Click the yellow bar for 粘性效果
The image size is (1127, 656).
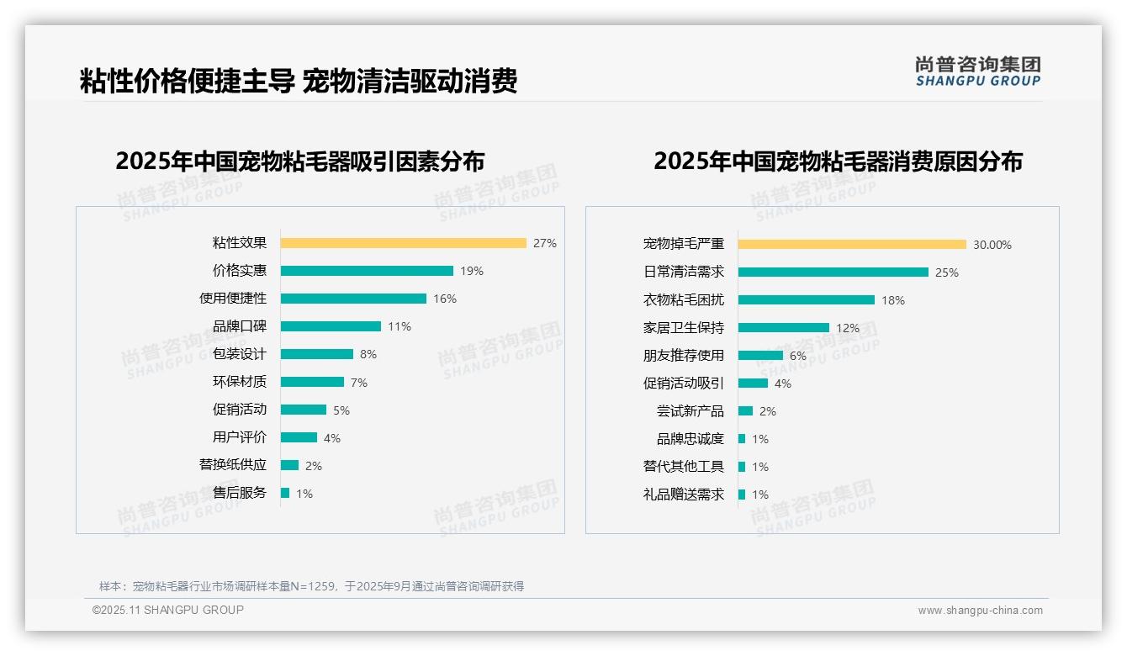click(x=403, y=243)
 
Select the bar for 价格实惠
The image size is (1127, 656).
click(x=367, y=271)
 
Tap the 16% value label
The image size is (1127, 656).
click(x=445, y=299)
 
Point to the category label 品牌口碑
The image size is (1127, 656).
click(x=240, y=326)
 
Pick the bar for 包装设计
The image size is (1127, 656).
click(x=317, y=354)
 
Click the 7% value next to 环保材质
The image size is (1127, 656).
click(x=359, y=383)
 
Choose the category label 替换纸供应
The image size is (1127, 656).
click(x=233, y=465)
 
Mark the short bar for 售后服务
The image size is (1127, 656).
click(x=285, y=493)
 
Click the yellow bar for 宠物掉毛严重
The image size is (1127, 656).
click(x=852, y=245)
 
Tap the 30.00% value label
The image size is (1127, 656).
click(x=992, y=245)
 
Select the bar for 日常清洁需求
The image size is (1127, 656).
click(x=833, y=272)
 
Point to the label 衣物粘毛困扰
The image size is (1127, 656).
click(x=684, y=300)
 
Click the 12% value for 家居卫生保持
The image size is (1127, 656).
click(x=848, y=328)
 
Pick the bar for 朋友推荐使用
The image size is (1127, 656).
click(x=760, y=356)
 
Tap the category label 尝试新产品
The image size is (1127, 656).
click(x=690, y=411)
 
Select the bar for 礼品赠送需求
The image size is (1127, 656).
click(x=742, y=495)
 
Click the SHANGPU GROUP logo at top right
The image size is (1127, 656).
click(x=978, y=71)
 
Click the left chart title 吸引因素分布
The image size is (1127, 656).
click(x=300, y=161)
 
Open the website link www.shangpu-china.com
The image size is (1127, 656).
click(x=980, y=611)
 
